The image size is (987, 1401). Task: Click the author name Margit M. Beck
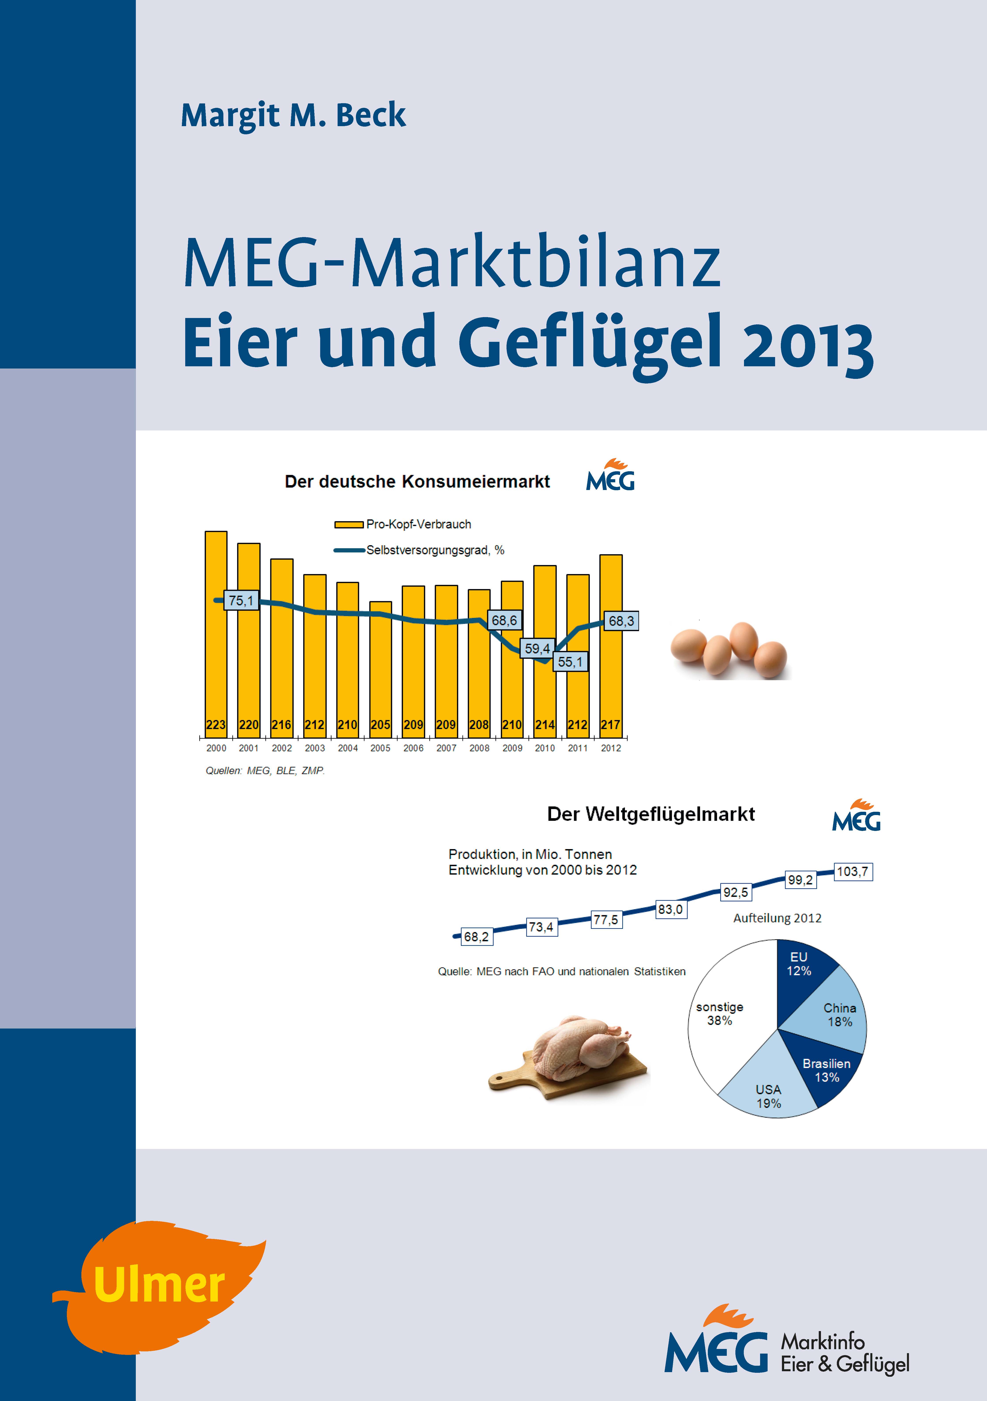pyautogui.click(x=293, y=115)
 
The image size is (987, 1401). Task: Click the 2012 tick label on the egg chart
pyautogui.click(x=611, y=748)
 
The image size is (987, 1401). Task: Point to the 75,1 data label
pyautogui.click(x=241, y=600)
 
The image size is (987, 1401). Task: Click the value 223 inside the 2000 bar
pyautogui.click(x=216, y=725)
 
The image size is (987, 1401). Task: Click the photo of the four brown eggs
pyautogui.click(x=729, y=650)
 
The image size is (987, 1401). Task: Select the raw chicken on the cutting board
pyautogui.click(x=570, y=1059)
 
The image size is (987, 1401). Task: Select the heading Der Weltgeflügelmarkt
pyautogui.click(x=651, y=814)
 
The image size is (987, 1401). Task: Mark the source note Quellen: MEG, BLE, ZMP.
pyautogui.click(x=265, y=771)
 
